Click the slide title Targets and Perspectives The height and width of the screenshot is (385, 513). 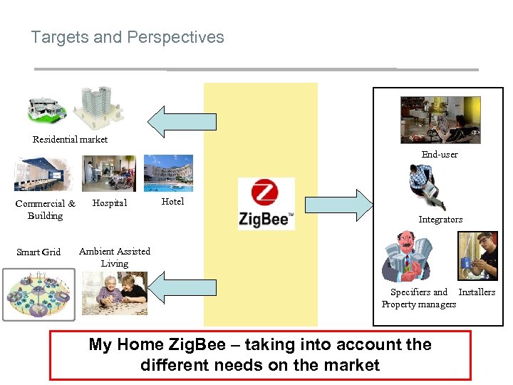point(128,37)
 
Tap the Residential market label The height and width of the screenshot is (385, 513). point(71,139)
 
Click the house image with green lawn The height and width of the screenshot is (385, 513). point(47,109)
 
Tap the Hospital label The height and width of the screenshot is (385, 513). point(110,203)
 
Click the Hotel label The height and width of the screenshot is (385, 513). point(172,202)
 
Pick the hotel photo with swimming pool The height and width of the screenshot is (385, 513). point(168,173)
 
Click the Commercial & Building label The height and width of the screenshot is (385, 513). point(45,210)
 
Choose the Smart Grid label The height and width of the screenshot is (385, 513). point(38,252)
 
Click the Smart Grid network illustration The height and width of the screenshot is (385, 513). point(39,295)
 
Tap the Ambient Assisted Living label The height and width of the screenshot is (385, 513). point(115,257)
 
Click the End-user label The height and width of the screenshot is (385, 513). point(440,154)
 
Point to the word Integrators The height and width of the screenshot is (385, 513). point(440,220)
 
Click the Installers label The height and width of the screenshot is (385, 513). point(477,292)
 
